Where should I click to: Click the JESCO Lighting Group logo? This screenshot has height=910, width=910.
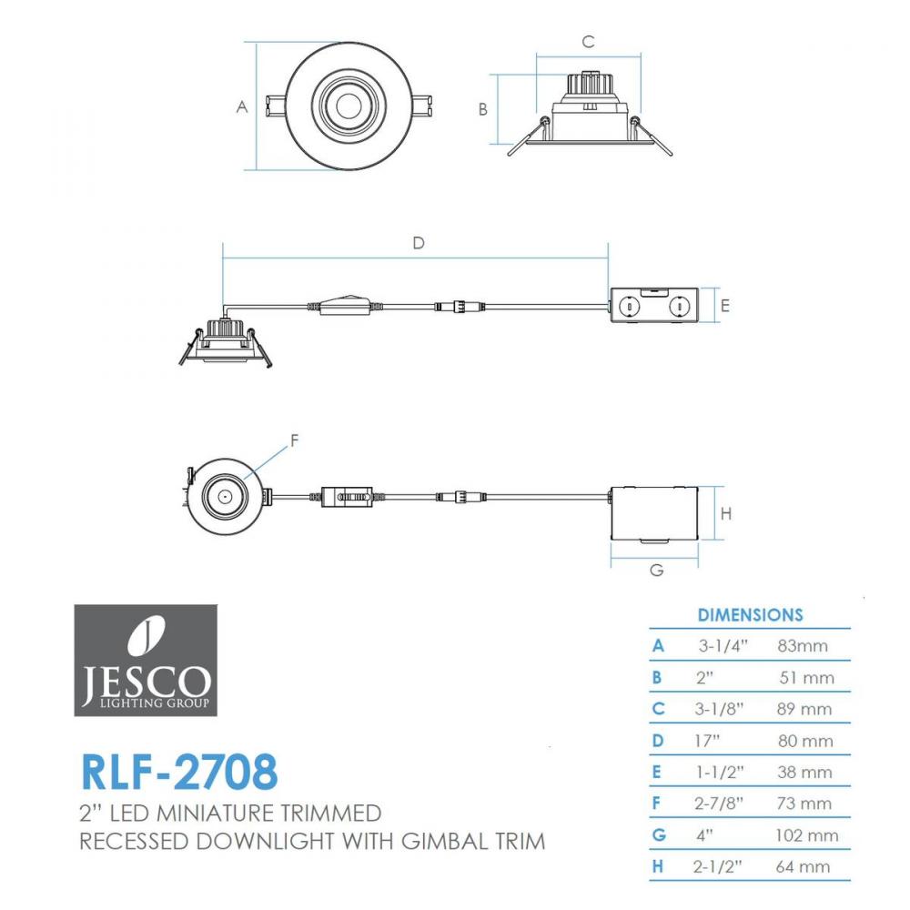[146, 660]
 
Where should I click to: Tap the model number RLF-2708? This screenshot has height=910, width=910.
[180, 772]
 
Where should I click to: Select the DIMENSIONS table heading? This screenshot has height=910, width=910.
[750, 615]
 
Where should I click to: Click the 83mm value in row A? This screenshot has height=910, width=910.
[803, 646]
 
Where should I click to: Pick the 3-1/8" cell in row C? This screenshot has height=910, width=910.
[719, 709]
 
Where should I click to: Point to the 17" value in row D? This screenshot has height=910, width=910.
[707, 741]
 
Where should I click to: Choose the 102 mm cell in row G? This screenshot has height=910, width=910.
[806, 835]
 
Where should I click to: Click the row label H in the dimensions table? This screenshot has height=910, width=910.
[658, 866]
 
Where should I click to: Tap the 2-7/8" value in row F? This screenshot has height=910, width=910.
[719, 804]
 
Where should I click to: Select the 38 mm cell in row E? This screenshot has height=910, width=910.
[805, 772]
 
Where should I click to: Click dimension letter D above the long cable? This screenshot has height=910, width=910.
[419, 243]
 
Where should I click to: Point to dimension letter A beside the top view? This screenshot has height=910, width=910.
[242, 106]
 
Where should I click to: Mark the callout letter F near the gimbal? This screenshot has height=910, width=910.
[294, 440]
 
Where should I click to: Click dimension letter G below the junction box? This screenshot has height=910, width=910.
[656, 570]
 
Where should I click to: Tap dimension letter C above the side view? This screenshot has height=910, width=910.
[588, 42]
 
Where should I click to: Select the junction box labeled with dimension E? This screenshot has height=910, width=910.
[654, 305]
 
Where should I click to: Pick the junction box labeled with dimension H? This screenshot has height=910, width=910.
[654, 513]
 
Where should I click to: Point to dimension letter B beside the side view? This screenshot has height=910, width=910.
[483, 109]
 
